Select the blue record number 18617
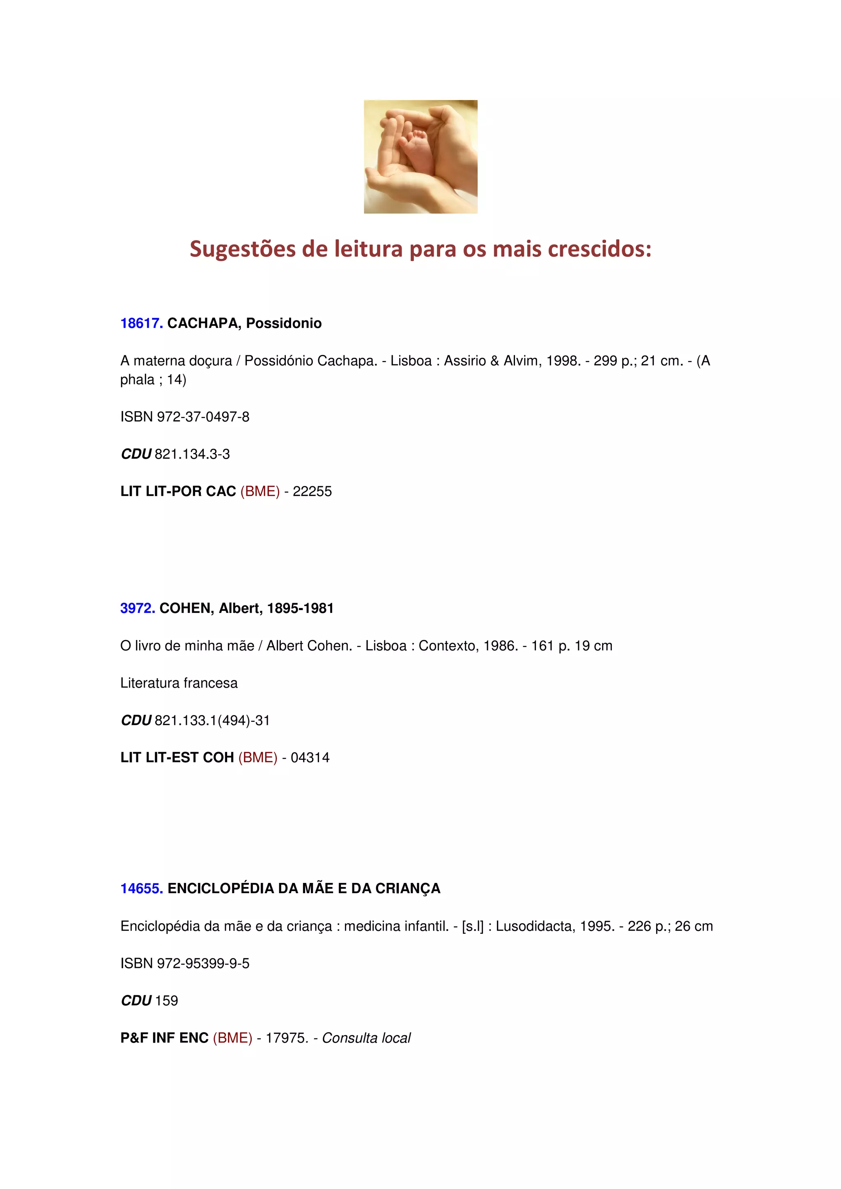click(x=141, y=323)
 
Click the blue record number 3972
click(x=137, y=608)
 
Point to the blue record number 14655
click(x=141, y=888)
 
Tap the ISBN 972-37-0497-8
click(x=203, y=417)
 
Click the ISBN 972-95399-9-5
click(x=203, y=963)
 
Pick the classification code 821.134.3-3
click(x=192, y=454)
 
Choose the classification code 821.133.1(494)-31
click(x=212, y=720)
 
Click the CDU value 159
click(x=166, y=1001)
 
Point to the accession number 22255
click(x=312, y=492)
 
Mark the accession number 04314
click(x=310, y=758)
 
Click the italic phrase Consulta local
click(x=366, y=1038)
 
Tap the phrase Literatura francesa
click(x=179, y=683)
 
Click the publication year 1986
click(x=500, y=646)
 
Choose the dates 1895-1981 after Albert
click(x=300, y=608)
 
